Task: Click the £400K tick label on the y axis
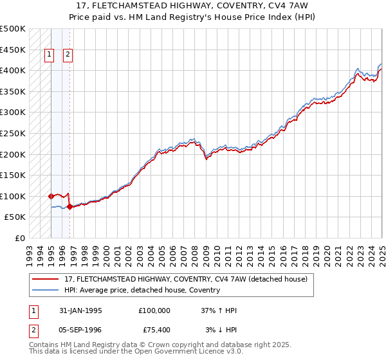[13, 70]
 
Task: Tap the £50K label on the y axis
[15, 217]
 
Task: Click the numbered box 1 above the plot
[49, 55]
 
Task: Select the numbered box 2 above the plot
[68, 55]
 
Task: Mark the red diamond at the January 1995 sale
[51, 196]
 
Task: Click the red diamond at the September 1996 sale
[69, 206]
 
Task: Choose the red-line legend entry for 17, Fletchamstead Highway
[186, 279]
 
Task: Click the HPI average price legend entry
[142, 290]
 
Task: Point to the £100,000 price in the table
[154, 310]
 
